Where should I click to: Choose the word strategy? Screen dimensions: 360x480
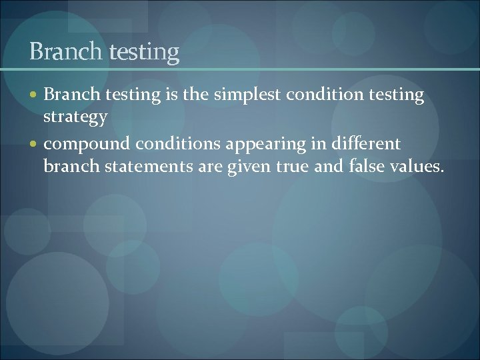pyautogui.click(x=75, y=117)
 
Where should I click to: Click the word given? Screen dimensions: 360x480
pyautogui.click(x=244, y=167)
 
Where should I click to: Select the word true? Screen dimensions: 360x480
pyautogui.click(x=291, y=166)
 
